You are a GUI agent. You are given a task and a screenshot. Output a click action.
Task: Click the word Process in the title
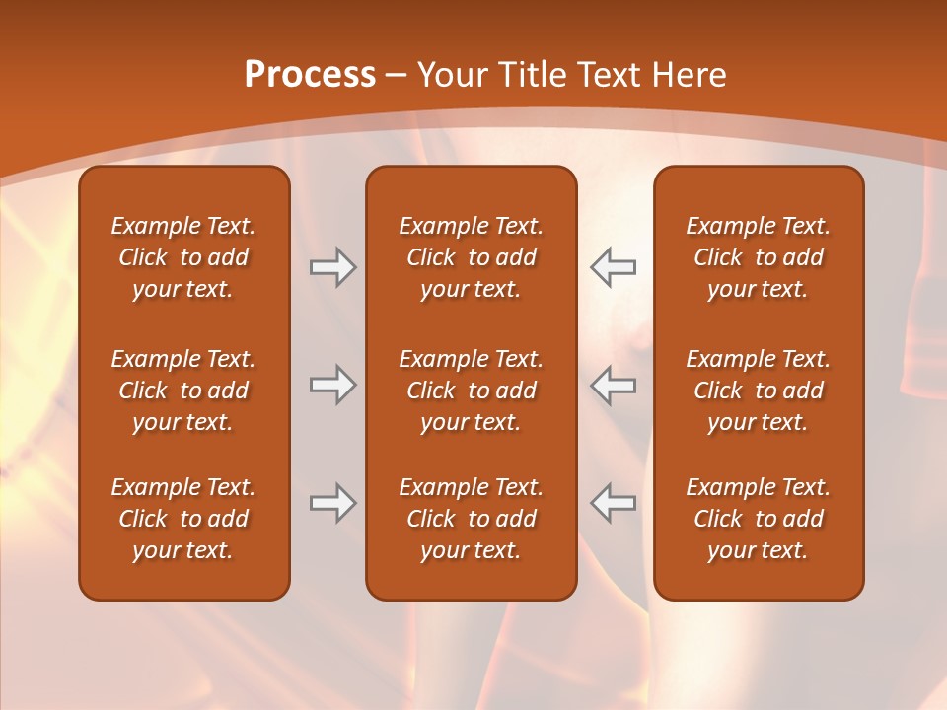click(x=310, y=75)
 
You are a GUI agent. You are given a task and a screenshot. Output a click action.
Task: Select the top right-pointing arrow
click(x=332, y=267)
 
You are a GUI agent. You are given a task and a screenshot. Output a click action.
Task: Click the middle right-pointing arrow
click(x=332, y=385)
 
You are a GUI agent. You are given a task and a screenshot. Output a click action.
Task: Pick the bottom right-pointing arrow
click(x=332, y=503)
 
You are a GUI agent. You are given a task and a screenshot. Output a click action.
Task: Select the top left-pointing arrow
click(x=613, y=267)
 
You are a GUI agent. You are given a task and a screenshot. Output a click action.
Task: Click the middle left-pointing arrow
click(x=613, y=385)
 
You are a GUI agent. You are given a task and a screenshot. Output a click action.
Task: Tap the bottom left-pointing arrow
click(x=613, y=503)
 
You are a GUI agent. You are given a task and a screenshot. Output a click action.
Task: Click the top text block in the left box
click(x=183, y=257)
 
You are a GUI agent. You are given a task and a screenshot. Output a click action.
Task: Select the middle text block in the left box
click(x=183, y=390)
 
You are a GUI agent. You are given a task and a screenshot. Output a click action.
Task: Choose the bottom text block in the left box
click(x=183, y=519)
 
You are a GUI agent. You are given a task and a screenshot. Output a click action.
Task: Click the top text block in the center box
click(x=471, y=257)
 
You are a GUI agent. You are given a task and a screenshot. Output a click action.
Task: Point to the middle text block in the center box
click(x=471, y=390)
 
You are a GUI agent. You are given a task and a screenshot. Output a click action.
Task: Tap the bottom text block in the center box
click(x=471, y=519)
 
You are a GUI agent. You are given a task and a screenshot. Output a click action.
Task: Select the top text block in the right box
click(x=759, y=257)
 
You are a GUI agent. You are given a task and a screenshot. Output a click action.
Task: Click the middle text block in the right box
click(x=759, y=390)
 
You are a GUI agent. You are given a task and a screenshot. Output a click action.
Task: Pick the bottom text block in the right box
click(x=759, y=519)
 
